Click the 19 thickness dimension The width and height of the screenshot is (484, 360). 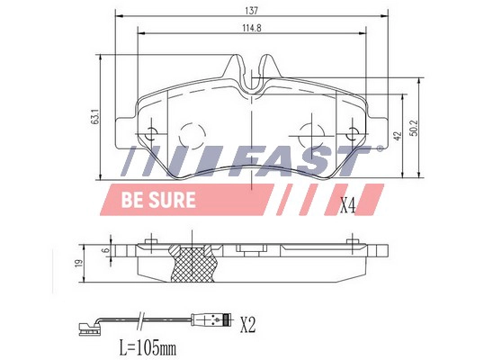78,263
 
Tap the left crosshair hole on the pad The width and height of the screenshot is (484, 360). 151,135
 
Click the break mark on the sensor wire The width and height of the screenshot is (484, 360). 141,317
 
